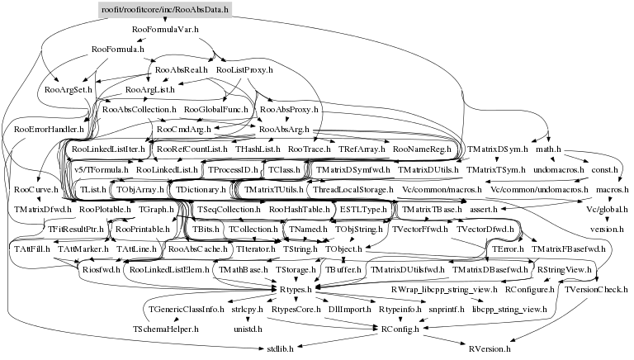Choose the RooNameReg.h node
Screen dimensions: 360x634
click(x=421, y=149)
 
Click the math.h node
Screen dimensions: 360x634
click(x=549, y=149)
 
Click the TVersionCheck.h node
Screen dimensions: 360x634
click(x=596, y=290)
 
